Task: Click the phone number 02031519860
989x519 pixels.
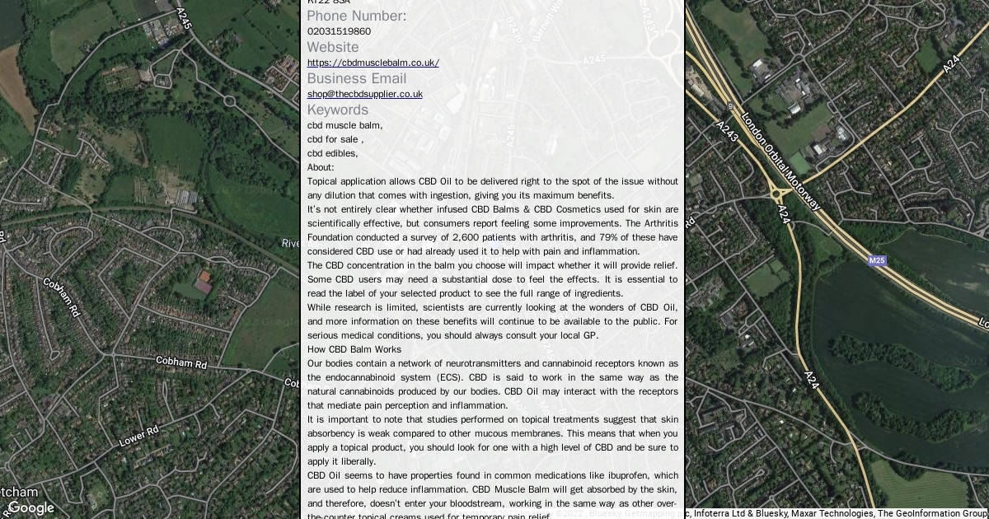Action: [x=339, y=31]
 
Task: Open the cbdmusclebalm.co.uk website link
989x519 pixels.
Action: [x=373, y=63]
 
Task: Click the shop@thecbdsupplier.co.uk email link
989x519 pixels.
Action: [x=364, y=94]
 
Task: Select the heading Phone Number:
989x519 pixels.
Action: [x=356, y=16]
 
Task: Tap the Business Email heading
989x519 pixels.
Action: [x=356, y=78]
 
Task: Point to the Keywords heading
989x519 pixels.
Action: [x=337, y=110]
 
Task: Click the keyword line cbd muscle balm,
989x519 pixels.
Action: [x=345, y=125]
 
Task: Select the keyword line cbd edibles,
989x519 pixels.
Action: [x=332, y=153]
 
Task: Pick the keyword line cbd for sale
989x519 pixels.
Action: [x=333, y=139]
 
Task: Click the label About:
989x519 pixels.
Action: [x=321, y=167]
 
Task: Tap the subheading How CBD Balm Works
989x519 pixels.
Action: [x=354, y=349]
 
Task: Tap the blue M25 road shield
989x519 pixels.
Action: [x=877, y=260]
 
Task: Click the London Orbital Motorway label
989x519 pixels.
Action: [x=780, y=161]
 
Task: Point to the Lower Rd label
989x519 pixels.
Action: [x=138, y=437]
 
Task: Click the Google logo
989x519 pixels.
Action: [x=30, y=507]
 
